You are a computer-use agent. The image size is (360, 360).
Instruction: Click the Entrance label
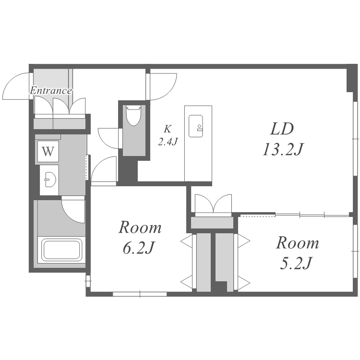coord(51,90)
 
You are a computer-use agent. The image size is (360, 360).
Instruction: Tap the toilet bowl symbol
coord(133,116)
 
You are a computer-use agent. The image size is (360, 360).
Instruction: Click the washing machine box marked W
coord(48,152)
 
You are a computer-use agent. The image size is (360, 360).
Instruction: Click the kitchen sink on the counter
coord(196,126)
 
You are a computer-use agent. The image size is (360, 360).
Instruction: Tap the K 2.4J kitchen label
coord(168,135)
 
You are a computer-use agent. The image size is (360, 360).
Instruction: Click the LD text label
coord(282,129)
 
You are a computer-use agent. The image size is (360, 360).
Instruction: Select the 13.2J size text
coord(283,149)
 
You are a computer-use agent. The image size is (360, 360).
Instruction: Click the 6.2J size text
coord(138,248)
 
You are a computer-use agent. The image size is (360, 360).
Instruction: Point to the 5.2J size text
coord(296,263)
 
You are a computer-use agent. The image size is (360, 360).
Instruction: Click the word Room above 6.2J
coord(140,228)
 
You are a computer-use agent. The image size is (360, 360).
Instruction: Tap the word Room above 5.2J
coord(297,243)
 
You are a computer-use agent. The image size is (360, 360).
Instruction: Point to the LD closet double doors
coord(213,203)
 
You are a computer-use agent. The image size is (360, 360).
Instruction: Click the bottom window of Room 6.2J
coord(140,294)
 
